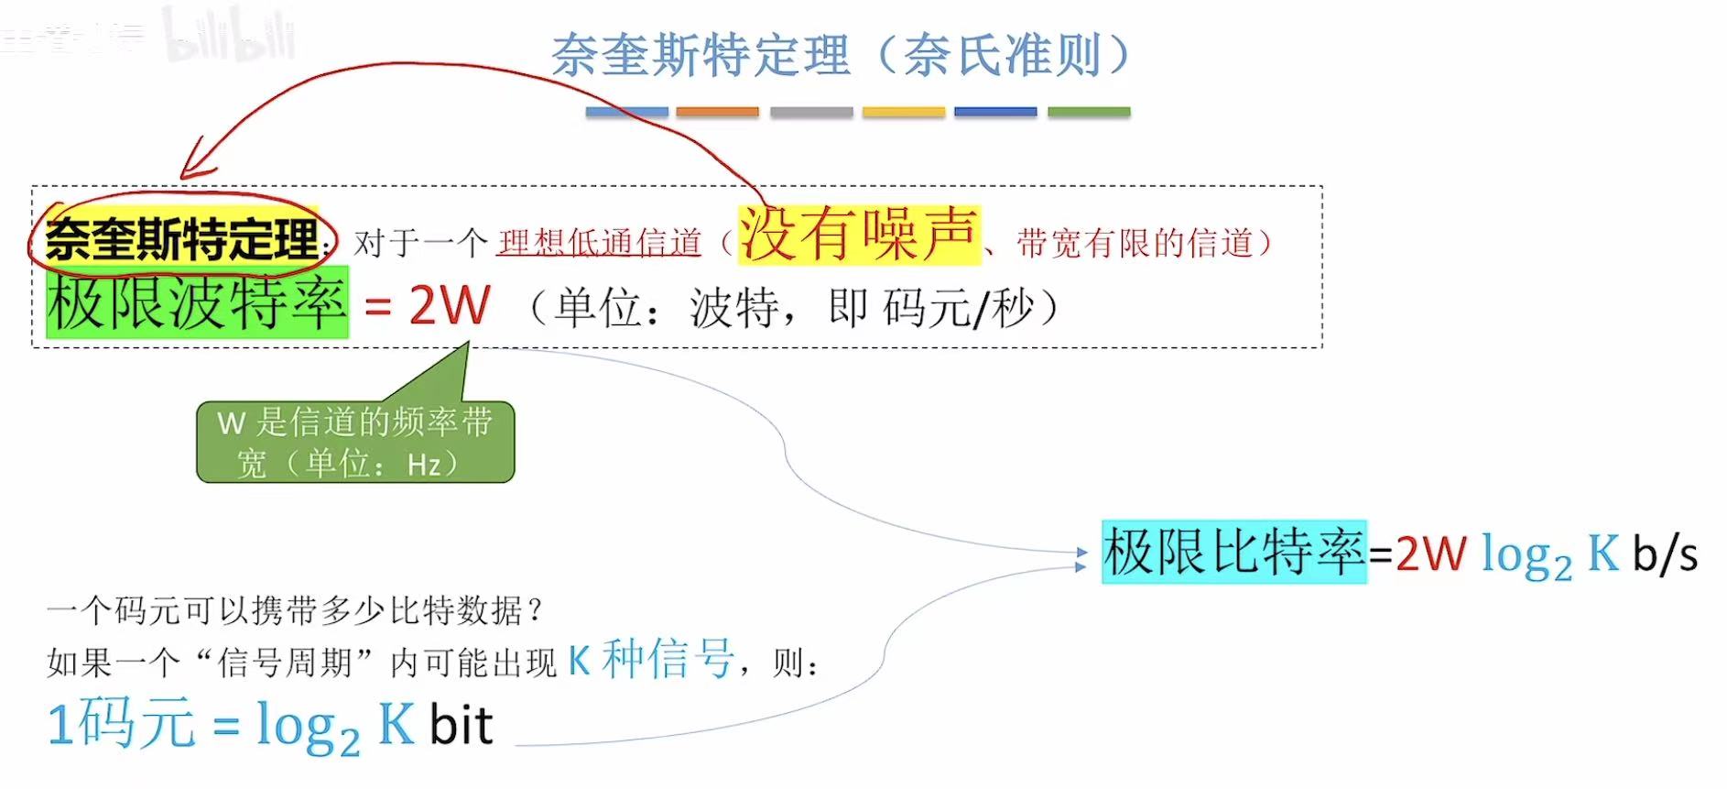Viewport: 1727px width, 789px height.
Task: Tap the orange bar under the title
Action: click(x=717, y=112)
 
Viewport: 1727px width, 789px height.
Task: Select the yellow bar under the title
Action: click(x=903, y=112)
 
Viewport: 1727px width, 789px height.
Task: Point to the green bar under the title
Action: click(x=1088, y=112)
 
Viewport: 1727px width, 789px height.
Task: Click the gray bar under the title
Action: click(x=810, y=112)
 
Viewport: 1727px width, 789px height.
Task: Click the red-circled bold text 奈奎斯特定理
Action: click(x=181, y=239)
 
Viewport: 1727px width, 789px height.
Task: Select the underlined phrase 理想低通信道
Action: click(x=599, y=243)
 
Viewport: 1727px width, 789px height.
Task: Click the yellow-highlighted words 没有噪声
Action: click(x=858, y=235)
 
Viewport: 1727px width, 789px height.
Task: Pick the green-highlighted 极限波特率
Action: click(x=197, y=303)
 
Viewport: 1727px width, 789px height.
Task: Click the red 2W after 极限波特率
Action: click(x=449, y=305)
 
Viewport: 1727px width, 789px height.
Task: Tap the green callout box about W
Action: click(x=355, y=442)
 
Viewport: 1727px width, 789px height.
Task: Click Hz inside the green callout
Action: click(x=424, y=465)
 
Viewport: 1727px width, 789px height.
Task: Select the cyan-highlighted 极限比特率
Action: click(x=1233, y=552)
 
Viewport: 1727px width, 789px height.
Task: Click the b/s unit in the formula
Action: click(x=1665, y=554)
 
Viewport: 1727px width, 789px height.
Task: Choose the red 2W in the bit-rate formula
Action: click(x=1430, y=553)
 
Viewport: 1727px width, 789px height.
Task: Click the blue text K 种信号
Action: click(x=650, y=659)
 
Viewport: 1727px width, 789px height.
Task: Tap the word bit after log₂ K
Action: click(x=462, y=725)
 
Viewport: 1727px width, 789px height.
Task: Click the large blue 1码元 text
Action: click(x=121, y=724)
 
